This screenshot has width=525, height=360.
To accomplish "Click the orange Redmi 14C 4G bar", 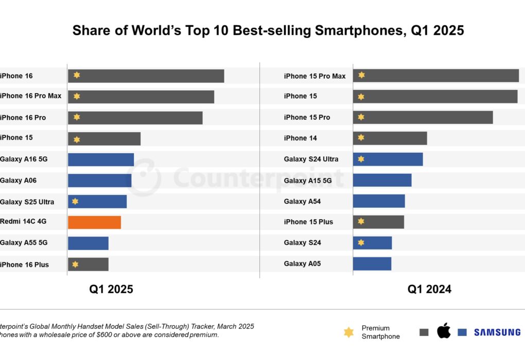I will tap(94, 222).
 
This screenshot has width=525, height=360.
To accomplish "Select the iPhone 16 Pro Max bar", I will tap(141, 97).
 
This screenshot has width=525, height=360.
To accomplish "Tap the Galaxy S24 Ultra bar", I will tap(388, 159).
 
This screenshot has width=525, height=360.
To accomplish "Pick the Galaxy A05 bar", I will tap(372, 264).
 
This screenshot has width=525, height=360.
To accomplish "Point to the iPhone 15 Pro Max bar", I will tap(435, 76).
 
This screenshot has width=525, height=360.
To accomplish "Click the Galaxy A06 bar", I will tap(99, 181).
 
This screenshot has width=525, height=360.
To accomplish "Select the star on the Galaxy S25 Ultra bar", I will tap(75, 202).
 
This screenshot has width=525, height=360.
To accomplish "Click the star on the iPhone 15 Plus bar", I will tap(361, 222).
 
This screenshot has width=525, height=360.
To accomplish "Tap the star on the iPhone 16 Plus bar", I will tap(75, 264).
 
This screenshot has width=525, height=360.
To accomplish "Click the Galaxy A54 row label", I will tap(302, 202).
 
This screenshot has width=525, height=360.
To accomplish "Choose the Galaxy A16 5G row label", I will tap(24, 159).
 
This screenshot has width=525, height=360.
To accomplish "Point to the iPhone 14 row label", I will tap(301, 138).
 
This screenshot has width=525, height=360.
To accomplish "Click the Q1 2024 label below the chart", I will tap(429, 290).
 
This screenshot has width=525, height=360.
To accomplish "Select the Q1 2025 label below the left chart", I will tap(111, 290).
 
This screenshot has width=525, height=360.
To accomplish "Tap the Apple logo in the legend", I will tap(444, 332).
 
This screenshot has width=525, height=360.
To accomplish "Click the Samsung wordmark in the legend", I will tap(497, 332).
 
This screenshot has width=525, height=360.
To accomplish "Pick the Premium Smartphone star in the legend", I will tap(348, 332).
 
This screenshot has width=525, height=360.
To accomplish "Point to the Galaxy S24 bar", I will tap(372, 243).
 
